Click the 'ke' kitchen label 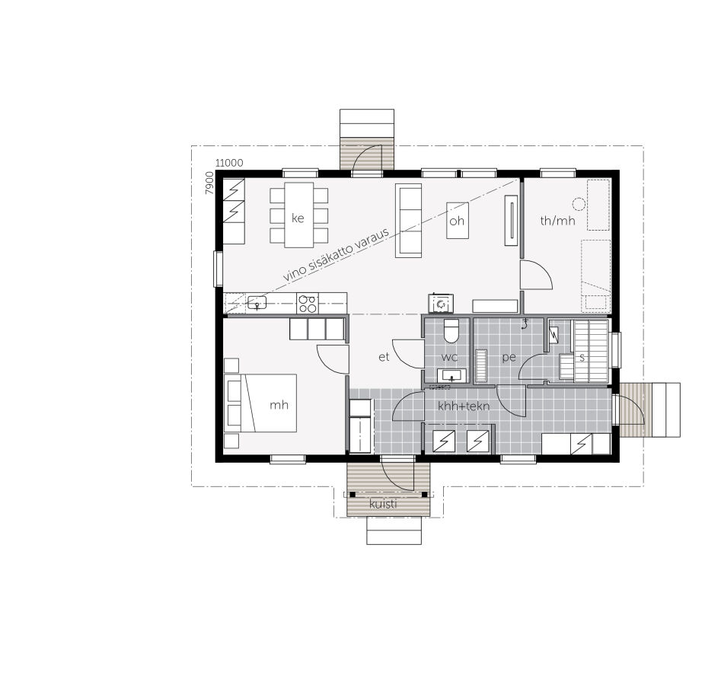pos(298,218)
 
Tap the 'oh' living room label pos(457,221)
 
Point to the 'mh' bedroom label pos(279,405)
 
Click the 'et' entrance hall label pos(384,355)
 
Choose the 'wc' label pos(450,356)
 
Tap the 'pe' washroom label pos(509,356)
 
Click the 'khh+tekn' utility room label pos(463,406)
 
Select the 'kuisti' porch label pos(383,504)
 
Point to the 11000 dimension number pos(229,163)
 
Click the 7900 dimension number pos(209,183)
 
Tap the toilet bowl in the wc pos(451,332)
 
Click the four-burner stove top pos(307,304)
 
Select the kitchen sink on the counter pos(257,303)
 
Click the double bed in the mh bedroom pos(263,403)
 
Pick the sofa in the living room pos(408,219)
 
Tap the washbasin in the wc pos(451,375)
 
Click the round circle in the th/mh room pos(579,203)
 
